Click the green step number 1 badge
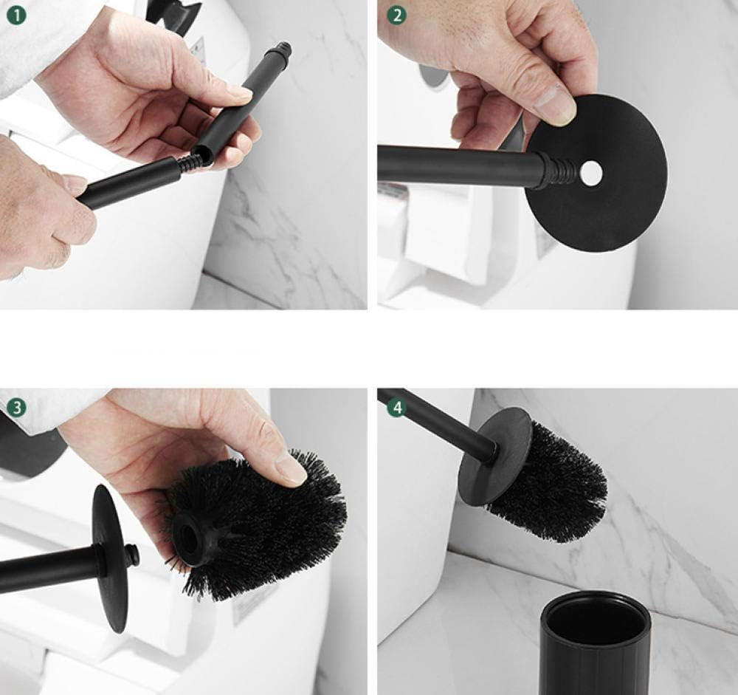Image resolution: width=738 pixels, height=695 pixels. point(16,16)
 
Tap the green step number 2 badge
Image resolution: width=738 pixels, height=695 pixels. point(397,16)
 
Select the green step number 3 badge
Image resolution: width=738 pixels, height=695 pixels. point(16,407)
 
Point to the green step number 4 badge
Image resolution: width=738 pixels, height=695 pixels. point(397,407)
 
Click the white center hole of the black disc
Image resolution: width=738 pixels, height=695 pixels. point(591,173)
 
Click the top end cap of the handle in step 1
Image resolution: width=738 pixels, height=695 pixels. point(284,49)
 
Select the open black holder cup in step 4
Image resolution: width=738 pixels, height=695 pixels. point(595,643)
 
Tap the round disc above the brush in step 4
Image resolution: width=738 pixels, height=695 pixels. point(494,456)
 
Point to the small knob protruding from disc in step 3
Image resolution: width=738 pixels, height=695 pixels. point(132,555)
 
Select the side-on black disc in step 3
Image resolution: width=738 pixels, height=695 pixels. point(109,559)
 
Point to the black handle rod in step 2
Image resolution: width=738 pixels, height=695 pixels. point(461,165)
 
